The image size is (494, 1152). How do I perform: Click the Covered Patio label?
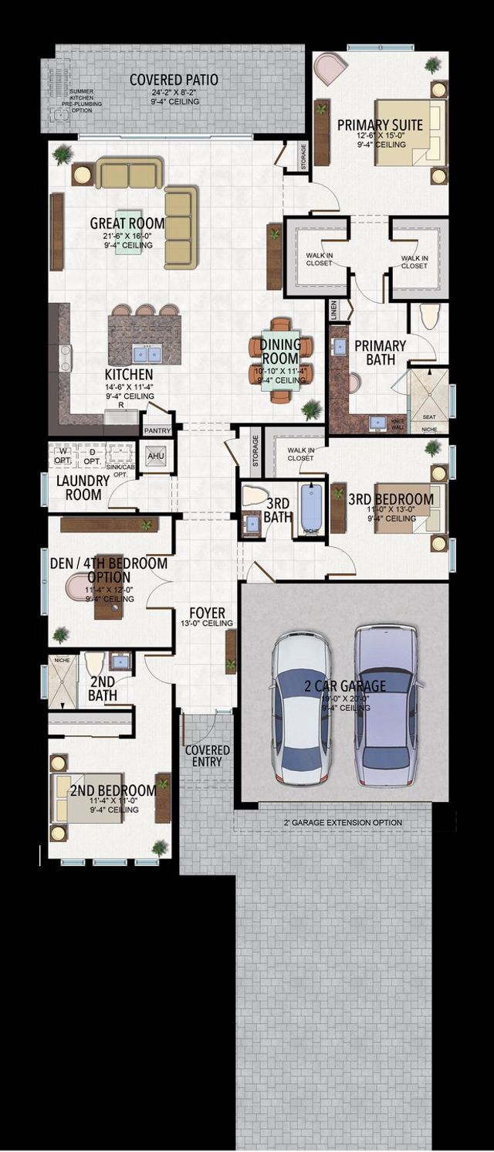pos(174,80)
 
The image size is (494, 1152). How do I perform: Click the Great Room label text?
pos(127,224)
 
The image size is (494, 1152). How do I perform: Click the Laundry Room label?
pos(78,488)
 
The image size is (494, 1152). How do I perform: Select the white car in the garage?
pos(300,708)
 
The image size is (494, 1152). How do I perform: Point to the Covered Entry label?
pos(208,756)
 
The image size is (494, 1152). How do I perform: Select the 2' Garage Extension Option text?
pos(343,823)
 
